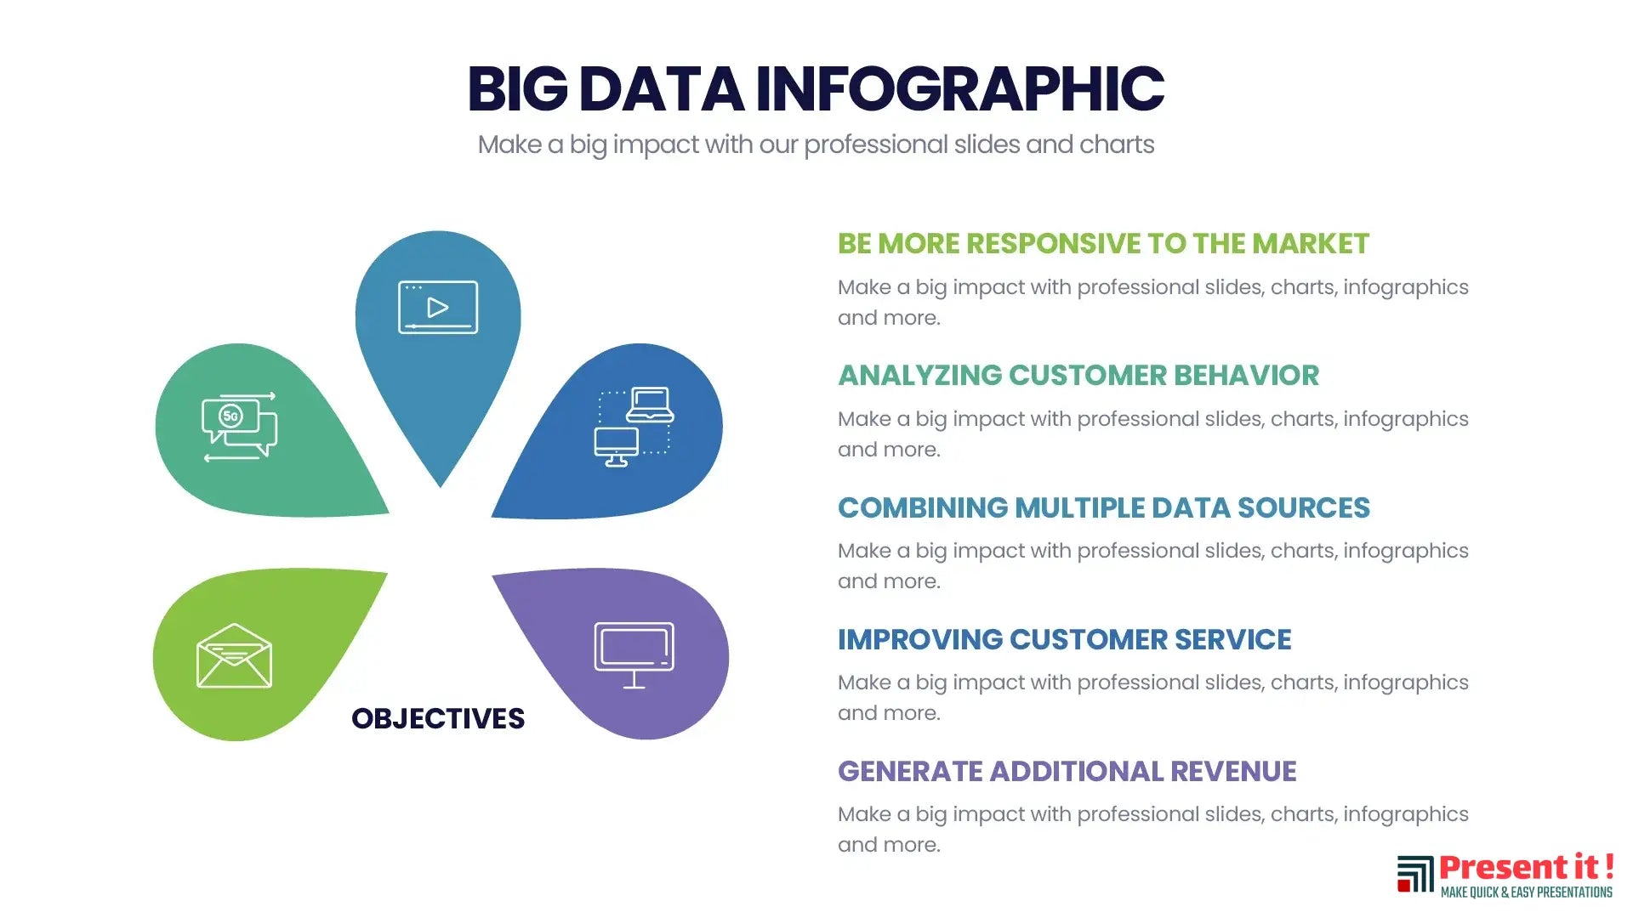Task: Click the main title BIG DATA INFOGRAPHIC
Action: (816, 88)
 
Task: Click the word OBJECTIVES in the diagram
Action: (438, 718)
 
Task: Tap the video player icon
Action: (438, 307)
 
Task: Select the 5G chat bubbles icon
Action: (240, 427)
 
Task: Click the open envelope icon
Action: (234, 655)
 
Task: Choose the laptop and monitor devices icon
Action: (634, 427)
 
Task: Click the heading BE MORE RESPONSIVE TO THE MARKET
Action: (1103, 244)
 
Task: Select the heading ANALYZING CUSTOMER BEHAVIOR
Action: (1078, 376)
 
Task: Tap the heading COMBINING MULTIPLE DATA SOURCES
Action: (1104, 507)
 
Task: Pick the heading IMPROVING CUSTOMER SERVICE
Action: (1065, 639)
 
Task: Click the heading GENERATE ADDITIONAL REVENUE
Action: (1067, 771)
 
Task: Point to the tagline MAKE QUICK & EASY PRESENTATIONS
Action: (1527, 892)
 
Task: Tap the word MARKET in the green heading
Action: (1311, 244)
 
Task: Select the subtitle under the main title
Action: (816, 144)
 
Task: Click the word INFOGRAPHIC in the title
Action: (960, 88)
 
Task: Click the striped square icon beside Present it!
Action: (1415, 874)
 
